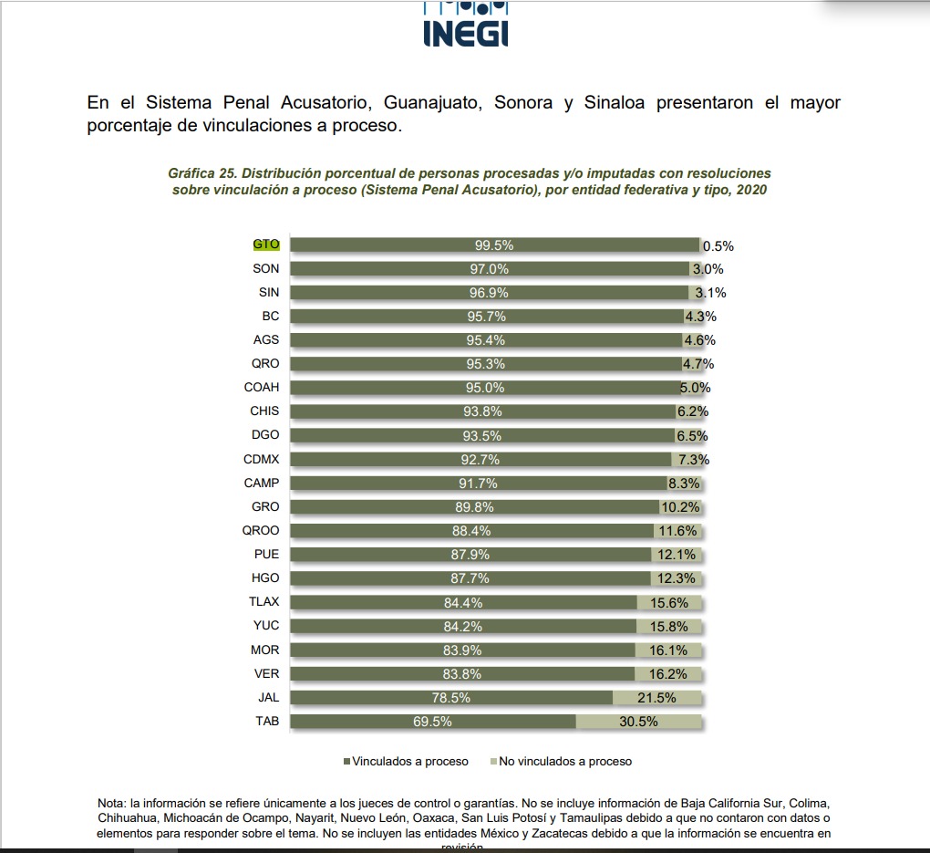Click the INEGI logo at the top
[x=466, y=27]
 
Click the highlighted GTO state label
[x=266, y=245]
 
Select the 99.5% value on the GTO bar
[x=494, y=245]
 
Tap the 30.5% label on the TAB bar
[x=638, y=722]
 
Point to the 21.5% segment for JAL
[x=656, y=698]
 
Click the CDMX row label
[x=262, y=459]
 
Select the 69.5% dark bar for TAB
[x=433, y=722]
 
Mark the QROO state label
[x=262, y=531]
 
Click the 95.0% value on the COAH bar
[x=484, y=388]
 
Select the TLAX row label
[x=264, y=602]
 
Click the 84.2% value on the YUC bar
[x=463, y=627]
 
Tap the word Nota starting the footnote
[x=112, y=803]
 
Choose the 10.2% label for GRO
[x=678, y=507]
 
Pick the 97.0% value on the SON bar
[x=490, y=269]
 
